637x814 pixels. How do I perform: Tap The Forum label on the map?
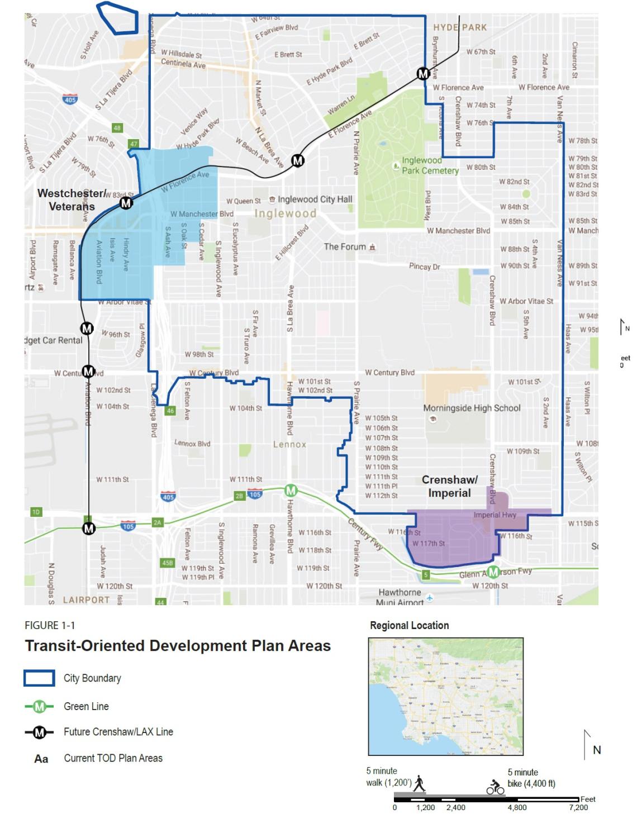[345, 246]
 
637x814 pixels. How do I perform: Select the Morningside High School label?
[472, 408]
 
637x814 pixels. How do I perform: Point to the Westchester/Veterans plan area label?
[71, 199]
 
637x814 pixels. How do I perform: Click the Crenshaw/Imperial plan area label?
[449, 486]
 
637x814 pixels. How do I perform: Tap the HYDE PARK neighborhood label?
[459, 27]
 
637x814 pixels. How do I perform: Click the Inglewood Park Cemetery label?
[430, 165]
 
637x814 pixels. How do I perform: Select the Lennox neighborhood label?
[289, 444]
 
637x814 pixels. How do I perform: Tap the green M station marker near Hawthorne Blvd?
[291, 491]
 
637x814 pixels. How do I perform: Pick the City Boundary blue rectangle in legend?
[39, 678]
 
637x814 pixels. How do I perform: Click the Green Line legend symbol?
[39, 706]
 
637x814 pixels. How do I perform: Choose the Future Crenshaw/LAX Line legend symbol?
[39, 732]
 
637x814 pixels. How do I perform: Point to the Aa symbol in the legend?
[41, 759]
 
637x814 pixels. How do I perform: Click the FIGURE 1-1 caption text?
[50, 625]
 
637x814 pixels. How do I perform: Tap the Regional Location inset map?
[445, 697]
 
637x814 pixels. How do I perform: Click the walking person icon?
[419, 784]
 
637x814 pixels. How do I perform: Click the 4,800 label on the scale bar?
[516, 807]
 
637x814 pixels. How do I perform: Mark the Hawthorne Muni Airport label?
[400, 597]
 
